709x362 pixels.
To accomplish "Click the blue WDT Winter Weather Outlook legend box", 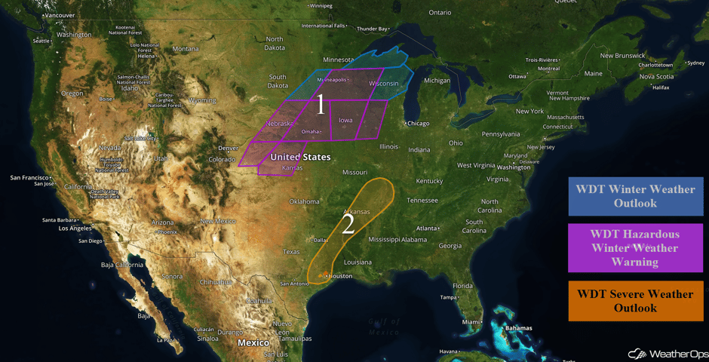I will (x=635, y=196).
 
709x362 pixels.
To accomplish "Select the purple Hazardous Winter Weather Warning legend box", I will (x=635, y=247).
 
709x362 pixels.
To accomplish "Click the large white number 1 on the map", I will (x=321, y=106).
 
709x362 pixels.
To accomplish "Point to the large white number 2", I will (x=348, y=224).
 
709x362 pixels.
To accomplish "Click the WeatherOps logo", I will (x=664, y=353).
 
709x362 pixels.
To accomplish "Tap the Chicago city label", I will (x=419, y=123).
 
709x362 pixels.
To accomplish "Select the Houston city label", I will (x=341, y=276).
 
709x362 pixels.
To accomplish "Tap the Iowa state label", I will (x=345, y=120).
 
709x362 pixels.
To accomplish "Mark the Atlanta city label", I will (x=428, y=228).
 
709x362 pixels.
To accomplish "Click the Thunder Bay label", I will (x=372, y=29).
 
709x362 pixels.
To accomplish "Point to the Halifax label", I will (x=660, y=87).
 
